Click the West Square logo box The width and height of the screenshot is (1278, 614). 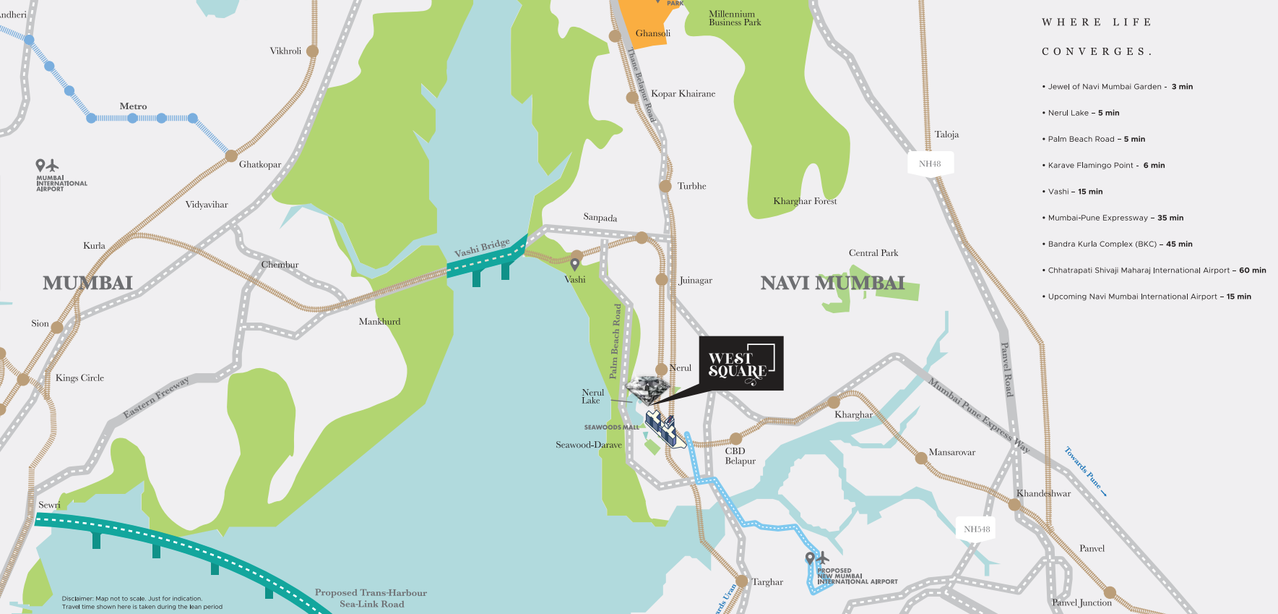point(741,364)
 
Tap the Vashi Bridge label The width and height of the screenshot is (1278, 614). point(482,247)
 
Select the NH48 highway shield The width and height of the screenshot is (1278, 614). point(930,163)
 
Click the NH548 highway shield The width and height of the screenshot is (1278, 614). point(977,529)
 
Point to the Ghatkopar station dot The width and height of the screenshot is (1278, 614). point(231,155)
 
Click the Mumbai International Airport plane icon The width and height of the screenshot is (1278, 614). point(53,166)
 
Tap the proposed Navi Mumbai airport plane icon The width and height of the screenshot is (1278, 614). point(822,558)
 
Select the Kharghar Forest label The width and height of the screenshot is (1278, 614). point(805,201)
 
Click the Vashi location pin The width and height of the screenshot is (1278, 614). point(575,265)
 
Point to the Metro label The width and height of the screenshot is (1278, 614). point(133,106)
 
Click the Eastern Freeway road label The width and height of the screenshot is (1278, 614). point(156,397)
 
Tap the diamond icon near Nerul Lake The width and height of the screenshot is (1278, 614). point(648,390)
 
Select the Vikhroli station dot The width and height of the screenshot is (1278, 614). point(312,51)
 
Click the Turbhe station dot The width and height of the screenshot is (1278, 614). point(665,186)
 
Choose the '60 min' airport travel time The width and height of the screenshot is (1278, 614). point(1253,270)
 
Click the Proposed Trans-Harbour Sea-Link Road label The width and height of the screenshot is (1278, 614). point(371,598)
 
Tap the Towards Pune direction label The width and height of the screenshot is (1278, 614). point(1085,471)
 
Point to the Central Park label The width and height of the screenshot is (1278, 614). point(873,253)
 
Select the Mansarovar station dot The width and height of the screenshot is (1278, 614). point(921,457)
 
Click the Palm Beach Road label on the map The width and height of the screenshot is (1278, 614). point(616,341)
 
